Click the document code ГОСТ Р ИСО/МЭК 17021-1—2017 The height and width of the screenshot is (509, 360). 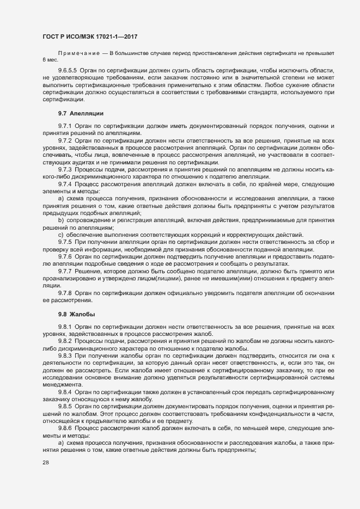[x=89, y=36]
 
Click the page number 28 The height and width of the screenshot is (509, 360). [x=46, y=478]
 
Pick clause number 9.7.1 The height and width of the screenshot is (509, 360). [x=65, y=126]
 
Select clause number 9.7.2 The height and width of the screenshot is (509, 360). [x=65, y=140]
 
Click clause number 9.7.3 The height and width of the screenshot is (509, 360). [x=65, y=169]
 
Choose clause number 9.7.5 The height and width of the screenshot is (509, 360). [x=65, y=241]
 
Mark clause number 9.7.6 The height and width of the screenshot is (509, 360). [x=65, y=255]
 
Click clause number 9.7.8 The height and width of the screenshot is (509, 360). [x=65, y=292]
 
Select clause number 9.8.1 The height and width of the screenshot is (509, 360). [x=65, y=327]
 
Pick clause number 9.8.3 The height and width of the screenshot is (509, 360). [x=65, y=355]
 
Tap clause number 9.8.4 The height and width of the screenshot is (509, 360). [x=65, y=391]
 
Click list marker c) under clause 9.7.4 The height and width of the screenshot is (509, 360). [x=62, y=234]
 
